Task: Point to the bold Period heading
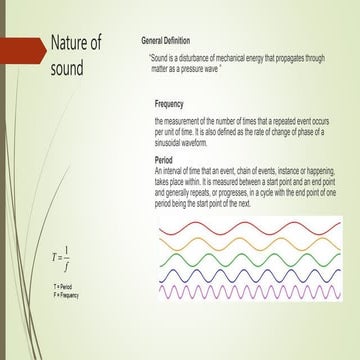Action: [166, 159]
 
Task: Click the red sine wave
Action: [250, 228]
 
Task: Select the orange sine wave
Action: [250, 246]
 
